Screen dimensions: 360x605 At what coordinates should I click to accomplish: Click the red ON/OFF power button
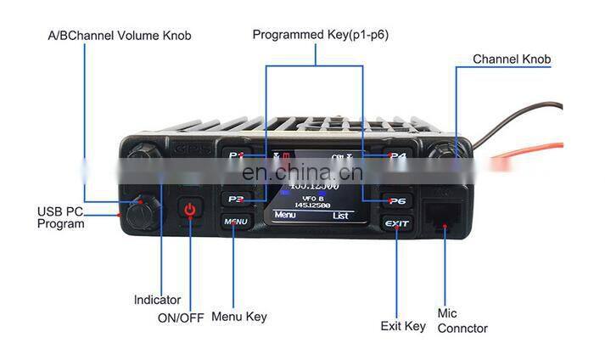point(190,210)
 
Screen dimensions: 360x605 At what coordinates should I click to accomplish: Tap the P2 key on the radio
point(236,200)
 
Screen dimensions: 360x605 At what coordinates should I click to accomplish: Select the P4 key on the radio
point(397,156)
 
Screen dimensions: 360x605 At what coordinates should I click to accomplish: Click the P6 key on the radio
point(396,200)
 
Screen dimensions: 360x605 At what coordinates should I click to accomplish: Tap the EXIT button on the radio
point(396,224)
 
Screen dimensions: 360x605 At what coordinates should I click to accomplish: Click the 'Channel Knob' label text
point(512,59)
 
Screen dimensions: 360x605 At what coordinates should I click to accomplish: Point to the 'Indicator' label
point(157,300)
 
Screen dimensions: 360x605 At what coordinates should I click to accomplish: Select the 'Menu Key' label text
point(238,317)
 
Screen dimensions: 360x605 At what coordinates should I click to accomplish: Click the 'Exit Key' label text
point(402,326)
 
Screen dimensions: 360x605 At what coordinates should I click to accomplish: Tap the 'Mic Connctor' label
point(462,321)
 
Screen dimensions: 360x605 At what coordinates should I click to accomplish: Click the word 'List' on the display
point(340,216)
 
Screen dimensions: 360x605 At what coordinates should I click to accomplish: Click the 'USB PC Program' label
point(60,217)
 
